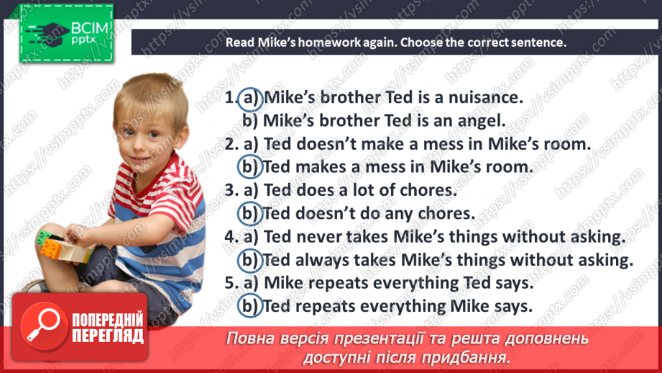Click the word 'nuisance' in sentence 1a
[x=482, y=97]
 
